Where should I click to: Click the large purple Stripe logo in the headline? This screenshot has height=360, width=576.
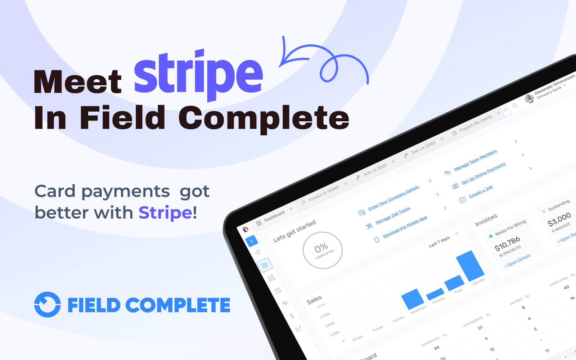coord(198,74)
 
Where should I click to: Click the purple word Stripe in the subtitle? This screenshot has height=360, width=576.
coord(165,212)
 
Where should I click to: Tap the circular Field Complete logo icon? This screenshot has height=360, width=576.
coord(47,305)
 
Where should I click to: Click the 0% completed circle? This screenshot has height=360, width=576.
coord(322,250)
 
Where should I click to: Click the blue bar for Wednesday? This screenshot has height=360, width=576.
coord(413,299)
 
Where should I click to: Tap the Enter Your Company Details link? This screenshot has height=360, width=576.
coord(393,198)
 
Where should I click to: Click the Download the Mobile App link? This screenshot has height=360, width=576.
coord(405,226)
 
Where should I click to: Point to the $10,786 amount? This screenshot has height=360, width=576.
coord(507,244)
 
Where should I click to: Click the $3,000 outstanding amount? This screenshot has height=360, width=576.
coord(559,219)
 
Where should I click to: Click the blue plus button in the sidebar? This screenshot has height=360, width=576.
coord(251,241)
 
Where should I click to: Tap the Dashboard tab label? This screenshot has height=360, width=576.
coord(274,216)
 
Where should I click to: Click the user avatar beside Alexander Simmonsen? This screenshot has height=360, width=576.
coord(529,98)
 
